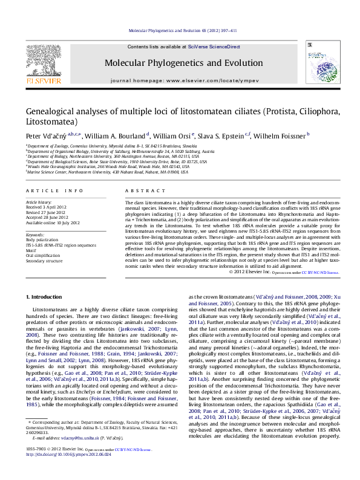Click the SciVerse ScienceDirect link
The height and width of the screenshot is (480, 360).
(214, 47)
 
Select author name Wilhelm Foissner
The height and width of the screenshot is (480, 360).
(280, 136)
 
